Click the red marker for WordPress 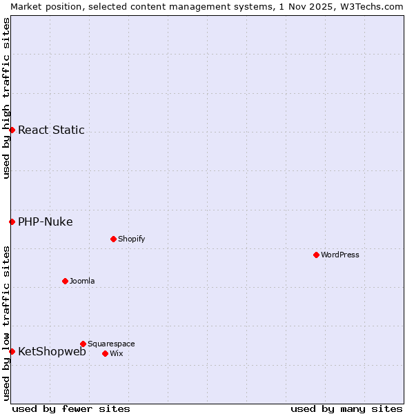tap(316, 255)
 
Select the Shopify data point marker tap(113, 239)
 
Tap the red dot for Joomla tap(65, 281)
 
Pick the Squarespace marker tap(83, 344)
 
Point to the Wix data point tap(105, 353)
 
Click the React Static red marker tap(12, 130)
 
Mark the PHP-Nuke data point tap(12, 221)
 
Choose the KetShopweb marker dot tap(12, 351)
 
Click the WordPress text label tap(340, 255)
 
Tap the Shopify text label tap(131, 239)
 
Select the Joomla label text tap(82, 281)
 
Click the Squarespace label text tap(111, 344)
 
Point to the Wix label tap(116, 353)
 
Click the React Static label tap(51, 130)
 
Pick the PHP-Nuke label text tap(46, 221)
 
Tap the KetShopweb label tap(52, 351)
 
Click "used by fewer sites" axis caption tap(71, 408)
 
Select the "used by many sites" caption tap(346, 408)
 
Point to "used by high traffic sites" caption tap(6, 98)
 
